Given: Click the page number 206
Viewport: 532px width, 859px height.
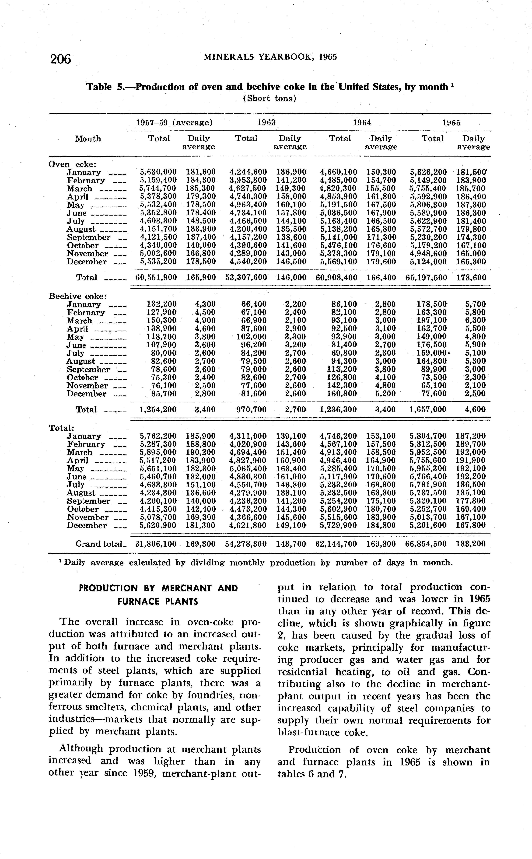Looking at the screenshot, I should click(x=60, y=59).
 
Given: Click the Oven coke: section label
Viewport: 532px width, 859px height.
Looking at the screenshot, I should click(x=73, y=164).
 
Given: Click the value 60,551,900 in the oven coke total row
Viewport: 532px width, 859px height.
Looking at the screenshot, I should click(x=156, y=278).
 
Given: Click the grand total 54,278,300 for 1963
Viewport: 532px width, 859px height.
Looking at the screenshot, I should click(x=246, y=544).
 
